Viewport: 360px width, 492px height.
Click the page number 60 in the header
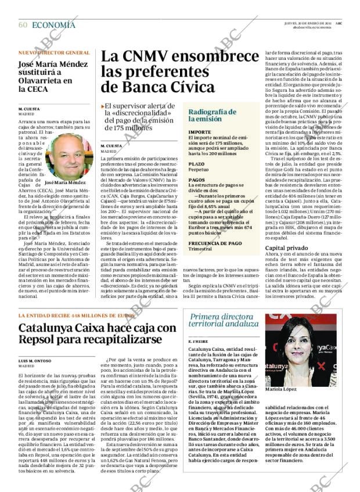click(23, 24)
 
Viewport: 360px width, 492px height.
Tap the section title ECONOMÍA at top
click(53, 24)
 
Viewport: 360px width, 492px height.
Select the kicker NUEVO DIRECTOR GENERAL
click(54, 53)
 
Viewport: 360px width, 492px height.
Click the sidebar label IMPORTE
click(199, 132)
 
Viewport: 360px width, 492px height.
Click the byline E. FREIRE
click(199, 341)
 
